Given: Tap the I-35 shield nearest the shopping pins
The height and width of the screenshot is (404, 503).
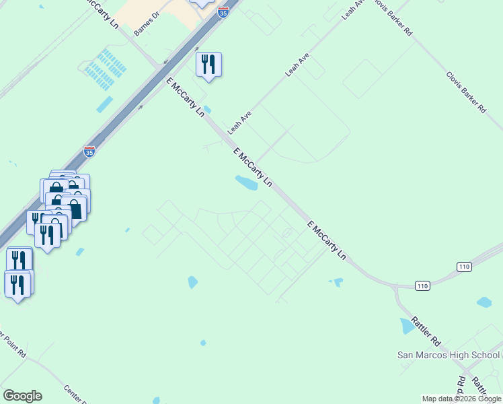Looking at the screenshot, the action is coord(89,151).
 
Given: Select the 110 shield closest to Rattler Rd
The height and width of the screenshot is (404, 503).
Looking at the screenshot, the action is coord(422,285).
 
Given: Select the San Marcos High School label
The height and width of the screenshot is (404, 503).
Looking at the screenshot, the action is coord(447,355).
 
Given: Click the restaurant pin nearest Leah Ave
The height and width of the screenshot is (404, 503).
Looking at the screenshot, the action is coord(208,65).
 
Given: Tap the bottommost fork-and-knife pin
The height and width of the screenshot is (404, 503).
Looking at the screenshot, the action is coord(17,283).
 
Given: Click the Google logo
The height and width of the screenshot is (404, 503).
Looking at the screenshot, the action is coord(22,396).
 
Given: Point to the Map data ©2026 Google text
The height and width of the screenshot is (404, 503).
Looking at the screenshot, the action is coord(461,399).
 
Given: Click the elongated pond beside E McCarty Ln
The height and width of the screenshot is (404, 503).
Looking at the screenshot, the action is coord(246,182).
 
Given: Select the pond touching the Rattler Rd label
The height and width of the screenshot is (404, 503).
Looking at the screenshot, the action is coord(408,326).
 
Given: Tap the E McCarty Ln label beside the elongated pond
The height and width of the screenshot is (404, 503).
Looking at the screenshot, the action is coord(254,168).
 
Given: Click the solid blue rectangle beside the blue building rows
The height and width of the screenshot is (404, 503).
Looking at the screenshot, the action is coord(105,104).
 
